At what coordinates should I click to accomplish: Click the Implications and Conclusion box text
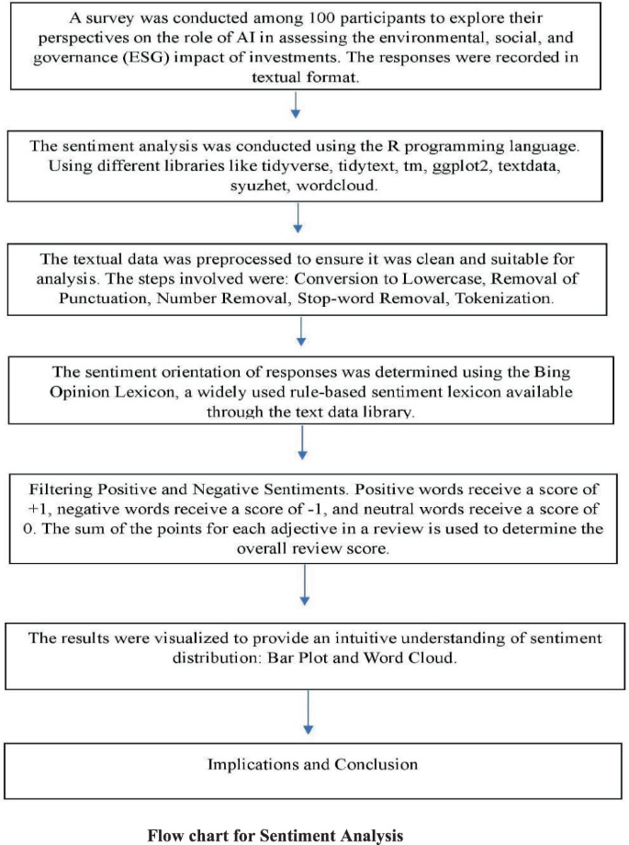(x=312, y=764)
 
